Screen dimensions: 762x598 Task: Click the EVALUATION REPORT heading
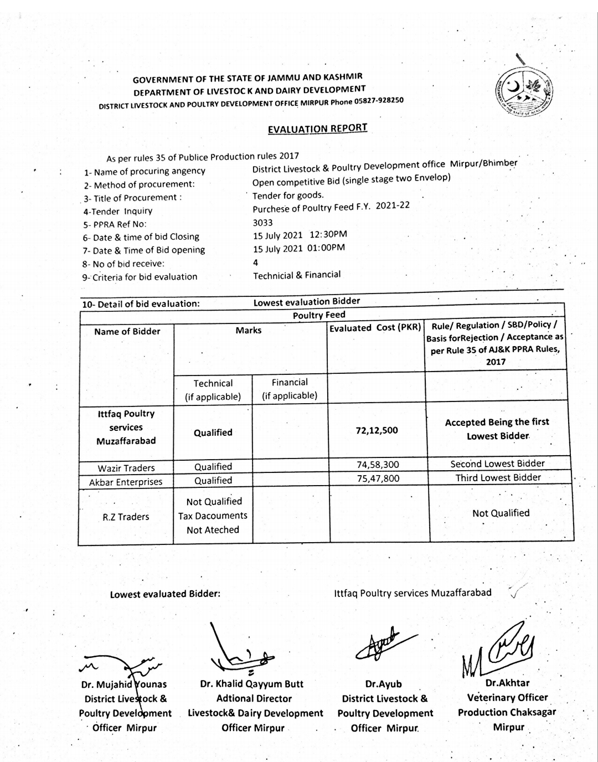317,128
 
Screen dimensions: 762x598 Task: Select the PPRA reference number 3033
262,222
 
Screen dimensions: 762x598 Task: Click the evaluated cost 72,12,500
377,430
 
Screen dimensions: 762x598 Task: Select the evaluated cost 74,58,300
378,465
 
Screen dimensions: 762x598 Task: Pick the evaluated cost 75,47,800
378,478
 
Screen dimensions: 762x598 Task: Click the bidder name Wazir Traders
126,468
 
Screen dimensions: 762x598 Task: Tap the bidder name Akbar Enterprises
126,482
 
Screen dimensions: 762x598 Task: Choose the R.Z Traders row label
126,517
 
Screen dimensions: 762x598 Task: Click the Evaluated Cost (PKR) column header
375,327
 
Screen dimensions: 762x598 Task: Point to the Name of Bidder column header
127,331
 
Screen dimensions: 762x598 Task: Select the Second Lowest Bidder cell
497,464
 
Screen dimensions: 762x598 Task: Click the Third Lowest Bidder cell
498,477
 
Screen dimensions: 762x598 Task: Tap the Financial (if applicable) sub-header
290,389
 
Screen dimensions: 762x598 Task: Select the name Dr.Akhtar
507,683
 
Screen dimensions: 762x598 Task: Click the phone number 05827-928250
379,101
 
